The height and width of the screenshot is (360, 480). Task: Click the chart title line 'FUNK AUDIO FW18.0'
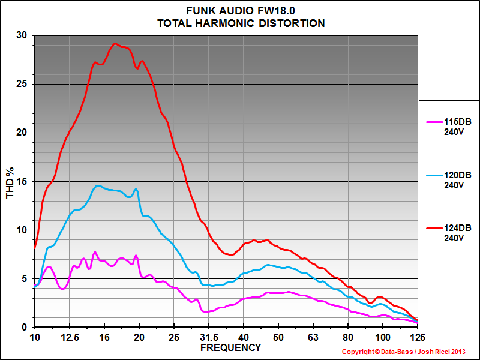[241, 11]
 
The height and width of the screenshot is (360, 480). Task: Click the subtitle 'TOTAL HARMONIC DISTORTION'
[241, 23]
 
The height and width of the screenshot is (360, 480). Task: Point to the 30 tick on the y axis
[22, 35]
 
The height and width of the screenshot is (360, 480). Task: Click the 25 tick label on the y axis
[22, 84]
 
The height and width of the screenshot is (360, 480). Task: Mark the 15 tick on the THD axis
[22, 181]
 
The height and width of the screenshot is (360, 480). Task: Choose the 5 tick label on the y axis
[25, 278]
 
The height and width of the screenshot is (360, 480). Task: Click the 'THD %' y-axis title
[9, 182]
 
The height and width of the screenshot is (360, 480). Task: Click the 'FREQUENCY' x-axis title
[230, 347]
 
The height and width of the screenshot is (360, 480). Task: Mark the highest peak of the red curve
[115, 44]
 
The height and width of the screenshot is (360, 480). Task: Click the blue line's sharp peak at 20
[137, 189]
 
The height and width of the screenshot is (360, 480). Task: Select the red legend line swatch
[433, 229]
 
